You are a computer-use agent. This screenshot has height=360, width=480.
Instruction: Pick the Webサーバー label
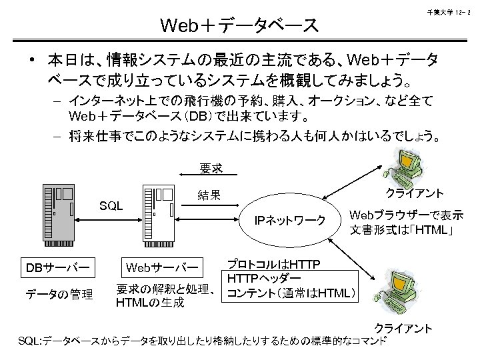[160, 267]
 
